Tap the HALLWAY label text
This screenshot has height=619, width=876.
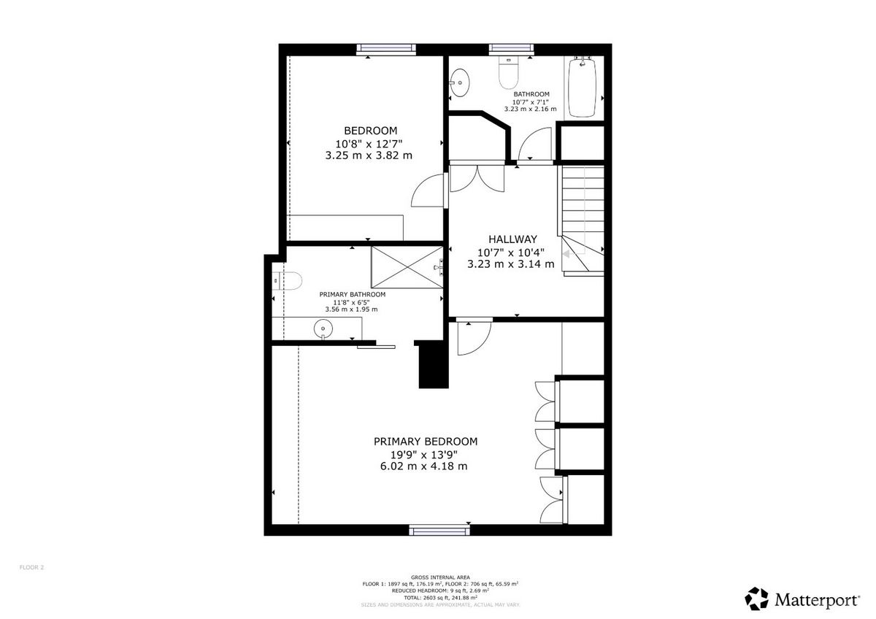tap(512, 239)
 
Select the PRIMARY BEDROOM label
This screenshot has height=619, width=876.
tap(426, 442)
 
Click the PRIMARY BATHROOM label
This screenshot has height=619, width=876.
tap(353, 294)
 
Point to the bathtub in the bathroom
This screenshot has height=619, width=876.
tap(583, 87)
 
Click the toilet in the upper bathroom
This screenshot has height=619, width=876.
tap(508, 72)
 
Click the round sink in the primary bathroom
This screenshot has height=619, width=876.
tap(323, 329)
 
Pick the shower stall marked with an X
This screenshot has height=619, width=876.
tap(407, 267)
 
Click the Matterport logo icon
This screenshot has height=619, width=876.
tap(756, 599)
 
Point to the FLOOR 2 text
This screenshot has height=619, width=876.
tap(31, 567)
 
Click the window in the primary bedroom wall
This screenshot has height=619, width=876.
tap(439, 530)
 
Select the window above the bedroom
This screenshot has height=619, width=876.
tap(386, 48)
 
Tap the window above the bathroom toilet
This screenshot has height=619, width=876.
tap(512, 48)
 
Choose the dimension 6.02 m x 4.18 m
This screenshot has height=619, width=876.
tap(424, 466)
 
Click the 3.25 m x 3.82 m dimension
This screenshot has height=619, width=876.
tap(369, 155)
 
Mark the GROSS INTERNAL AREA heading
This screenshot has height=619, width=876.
tap(440, 577)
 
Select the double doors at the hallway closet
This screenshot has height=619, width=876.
tap(477, 178)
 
